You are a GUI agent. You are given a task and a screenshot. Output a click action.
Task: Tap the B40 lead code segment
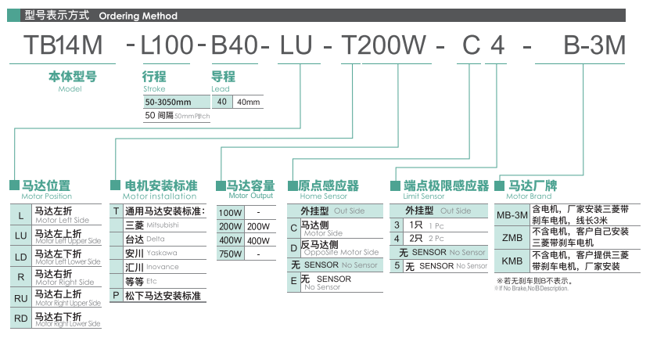click(233, 45)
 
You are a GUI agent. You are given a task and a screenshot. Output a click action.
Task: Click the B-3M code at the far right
click(594, 45)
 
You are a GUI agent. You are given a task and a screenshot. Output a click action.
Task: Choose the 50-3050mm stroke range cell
click(168, 103)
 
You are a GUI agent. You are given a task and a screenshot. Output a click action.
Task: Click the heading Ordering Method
click(138, 16)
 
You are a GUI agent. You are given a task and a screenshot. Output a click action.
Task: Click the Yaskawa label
click(162, 253)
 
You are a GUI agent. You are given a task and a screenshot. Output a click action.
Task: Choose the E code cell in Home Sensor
click(294, 281)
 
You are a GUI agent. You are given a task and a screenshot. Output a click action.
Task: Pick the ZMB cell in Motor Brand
click(512, 237)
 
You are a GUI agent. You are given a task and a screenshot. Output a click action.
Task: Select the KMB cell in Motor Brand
click(512, 261)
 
